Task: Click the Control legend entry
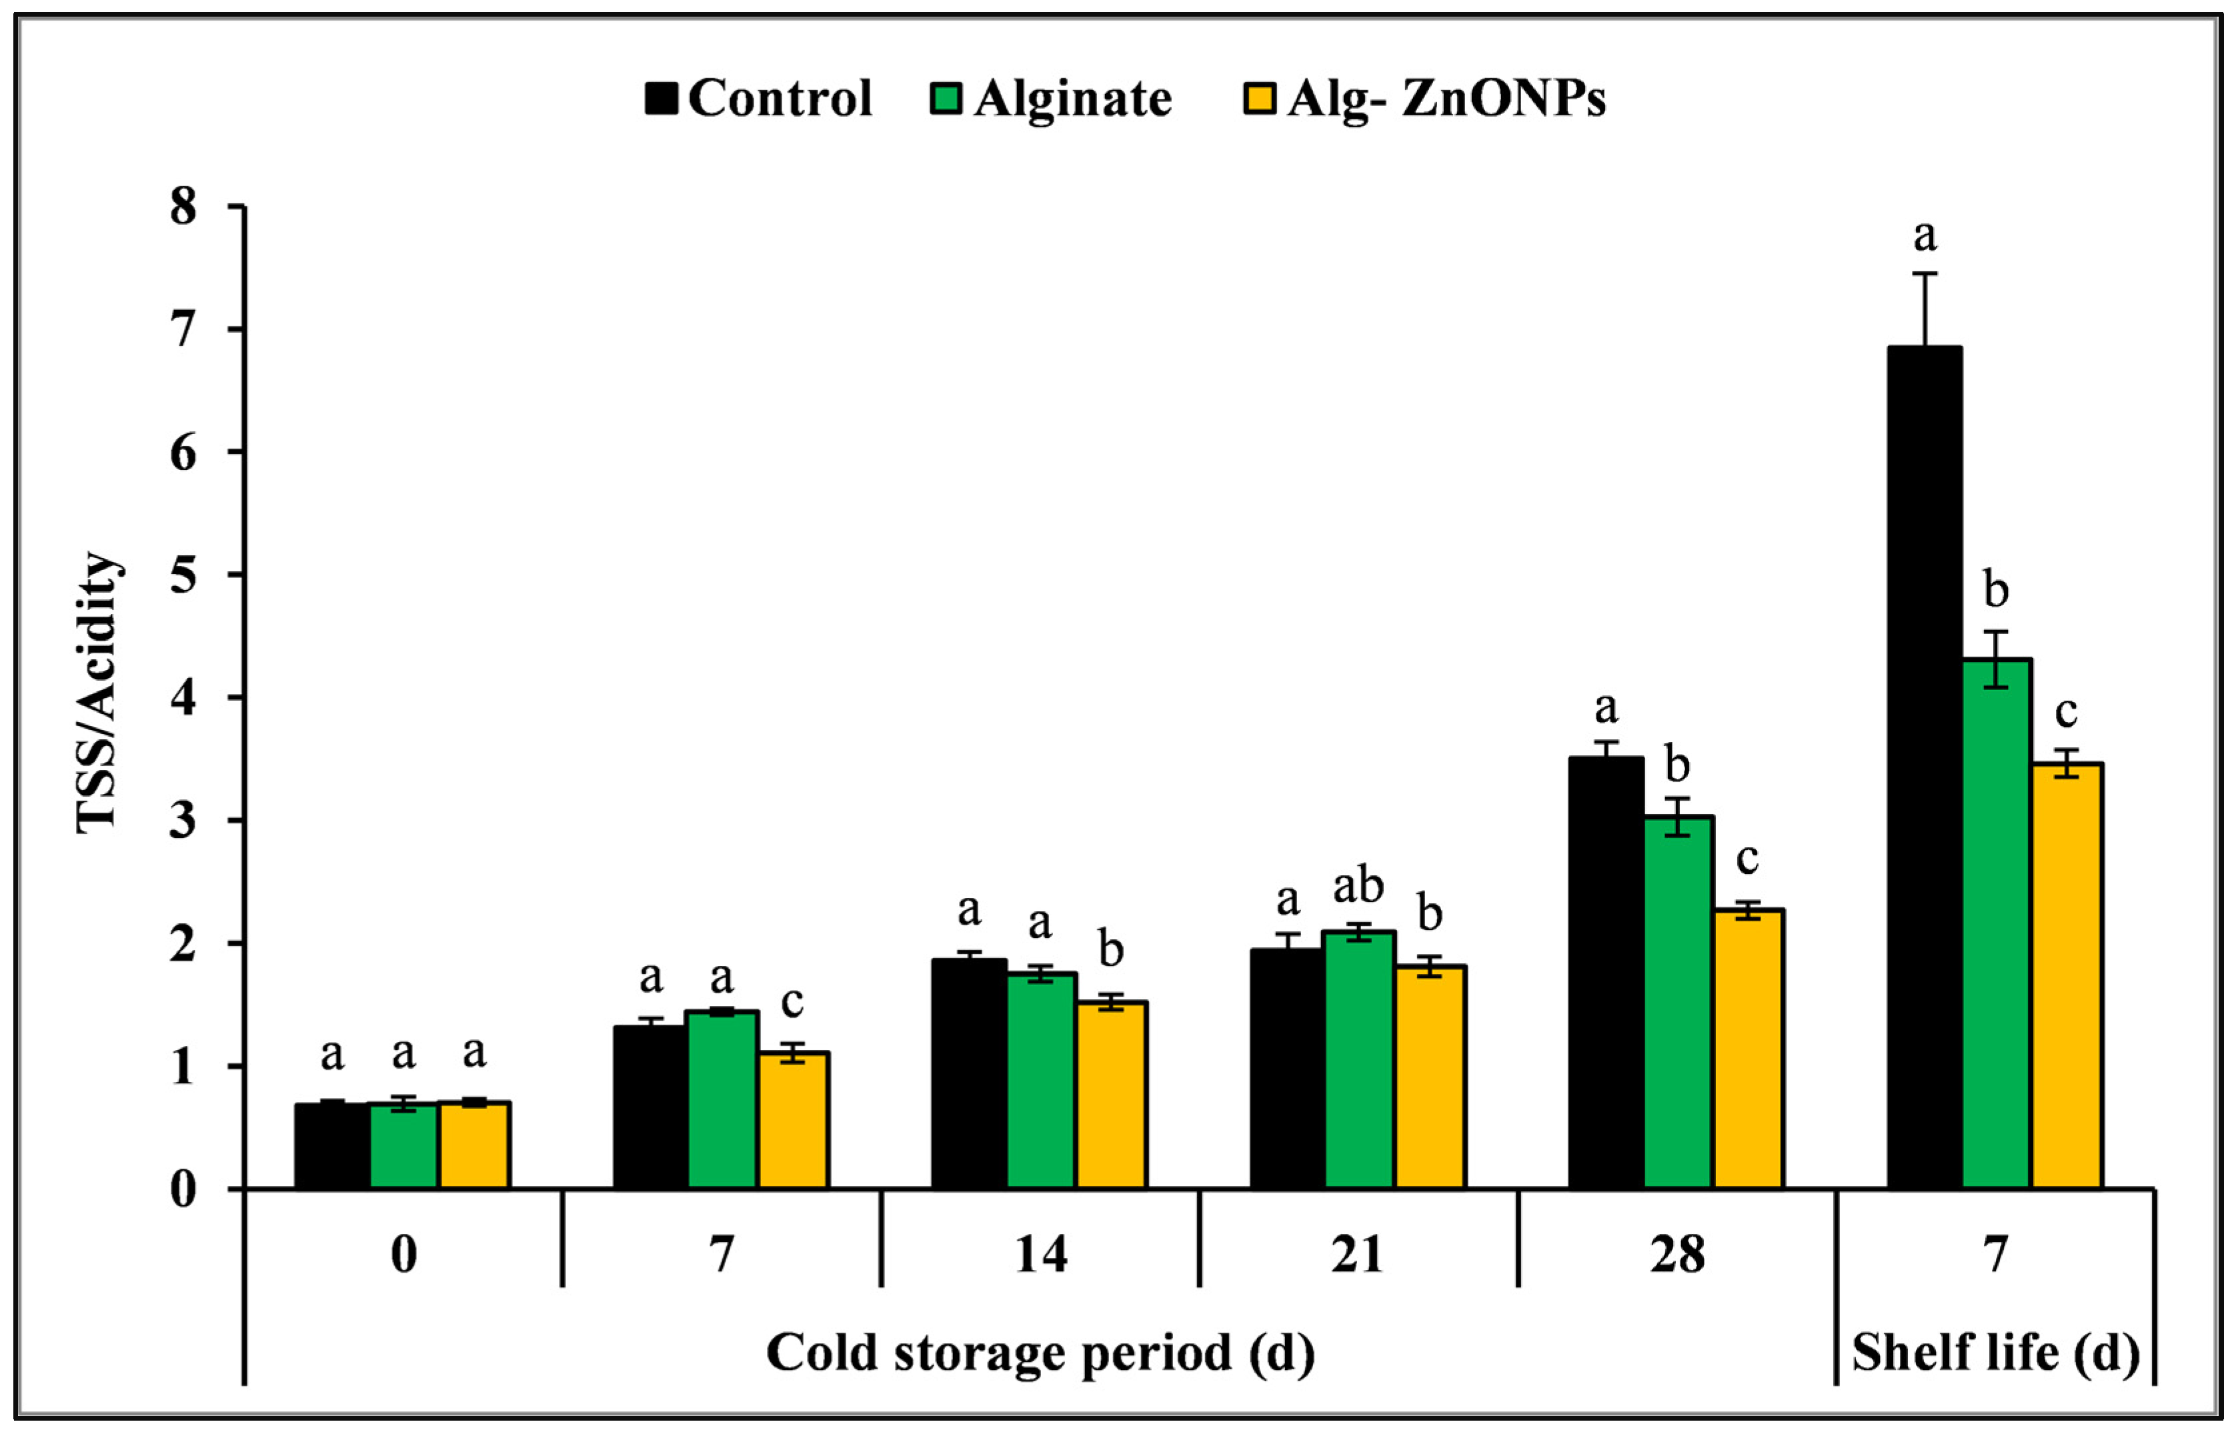point(758,98)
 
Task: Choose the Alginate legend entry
point(1051,98)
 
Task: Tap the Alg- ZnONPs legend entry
point(1424,98)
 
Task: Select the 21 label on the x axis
point(1357,1254)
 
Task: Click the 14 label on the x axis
point(1040,1254)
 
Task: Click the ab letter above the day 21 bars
point(1358,885)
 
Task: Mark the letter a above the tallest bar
point(1925,235)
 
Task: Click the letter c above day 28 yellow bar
point(1747,858)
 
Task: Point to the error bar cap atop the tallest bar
point(1925,273)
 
